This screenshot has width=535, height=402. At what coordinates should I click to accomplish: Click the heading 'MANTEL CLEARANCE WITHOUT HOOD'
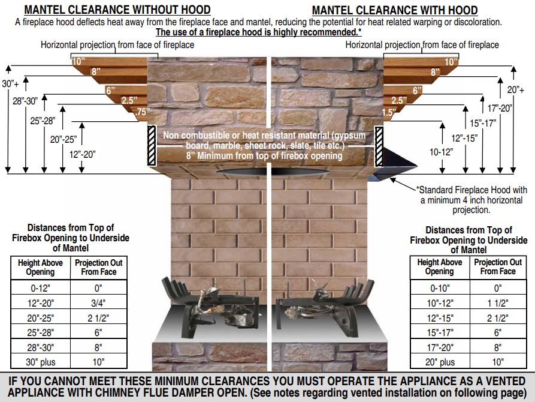click(117, 10)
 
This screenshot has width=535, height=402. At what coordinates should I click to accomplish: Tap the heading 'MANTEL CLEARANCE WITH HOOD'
click(395, 10)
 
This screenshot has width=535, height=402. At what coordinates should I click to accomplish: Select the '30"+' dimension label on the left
click(11, 83)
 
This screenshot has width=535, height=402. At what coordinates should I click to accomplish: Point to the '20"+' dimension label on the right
click(516, 89)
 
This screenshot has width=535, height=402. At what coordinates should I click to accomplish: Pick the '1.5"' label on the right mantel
click(389, 112)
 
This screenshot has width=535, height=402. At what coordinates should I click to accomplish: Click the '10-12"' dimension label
click(441, 152)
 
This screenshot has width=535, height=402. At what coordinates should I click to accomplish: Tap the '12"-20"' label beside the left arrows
click(83, 155)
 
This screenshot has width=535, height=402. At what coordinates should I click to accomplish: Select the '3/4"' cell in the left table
click(98, 303)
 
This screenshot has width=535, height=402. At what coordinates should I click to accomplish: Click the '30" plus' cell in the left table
click(41, 362)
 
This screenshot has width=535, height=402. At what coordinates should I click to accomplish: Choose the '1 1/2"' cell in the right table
click(498, 303)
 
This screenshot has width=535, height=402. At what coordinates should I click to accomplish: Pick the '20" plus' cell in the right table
click(440, 362)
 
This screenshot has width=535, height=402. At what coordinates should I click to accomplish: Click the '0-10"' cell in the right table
click(440, 288)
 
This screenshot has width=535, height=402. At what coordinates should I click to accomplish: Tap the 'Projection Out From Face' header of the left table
click(99, 268)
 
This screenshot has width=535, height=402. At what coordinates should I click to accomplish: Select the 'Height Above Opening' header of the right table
click(440, 266)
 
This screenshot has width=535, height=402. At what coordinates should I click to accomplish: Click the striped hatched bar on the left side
click(152, 146)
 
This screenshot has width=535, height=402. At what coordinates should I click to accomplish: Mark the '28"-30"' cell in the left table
click(41, 347)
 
